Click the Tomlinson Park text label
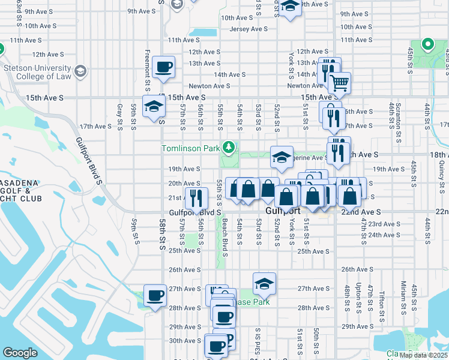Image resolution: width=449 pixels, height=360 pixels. pyautogui.click(x=190, y=148)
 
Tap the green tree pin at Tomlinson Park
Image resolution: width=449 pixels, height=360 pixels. pyautogui.click(x=228, y=146)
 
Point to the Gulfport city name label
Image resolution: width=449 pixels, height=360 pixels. pyautogui.click(x=282, y=212)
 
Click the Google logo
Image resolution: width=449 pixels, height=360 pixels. pyautogui.click(x=20, y=353)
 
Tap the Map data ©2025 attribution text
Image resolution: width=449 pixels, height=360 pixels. pyautogui.click(x=424, y=355)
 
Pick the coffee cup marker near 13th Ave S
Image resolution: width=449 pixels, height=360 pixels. pyautogui.click(x=163, y=67)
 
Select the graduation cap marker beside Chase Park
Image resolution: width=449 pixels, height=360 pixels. pyautogui.click(x=264, y=284)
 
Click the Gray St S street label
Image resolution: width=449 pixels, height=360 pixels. pyautogui.click(x=119, y=110)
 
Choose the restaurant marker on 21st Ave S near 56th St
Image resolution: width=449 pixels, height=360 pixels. pyautogui.click(x=196, y=198)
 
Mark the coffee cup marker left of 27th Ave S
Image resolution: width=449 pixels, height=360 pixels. pyautogui.click(x=155, y=296)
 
